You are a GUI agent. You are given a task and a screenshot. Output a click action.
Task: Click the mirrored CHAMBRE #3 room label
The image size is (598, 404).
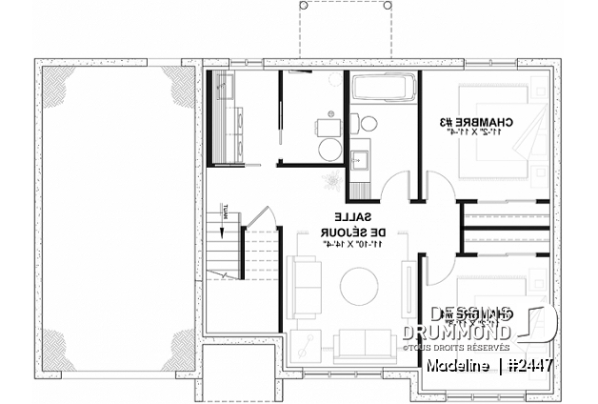(x=480, y=122)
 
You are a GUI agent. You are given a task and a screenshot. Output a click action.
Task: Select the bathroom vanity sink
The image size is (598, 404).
(x=363, y=158)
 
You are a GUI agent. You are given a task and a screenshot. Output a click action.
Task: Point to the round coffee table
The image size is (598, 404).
(x=361, y=288)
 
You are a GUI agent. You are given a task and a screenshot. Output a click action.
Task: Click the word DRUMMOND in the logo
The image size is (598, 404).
(x=456, y=331)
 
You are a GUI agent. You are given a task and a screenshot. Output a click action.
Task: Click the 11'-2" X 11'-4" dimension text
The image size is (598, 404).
(x=479, y=134)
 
